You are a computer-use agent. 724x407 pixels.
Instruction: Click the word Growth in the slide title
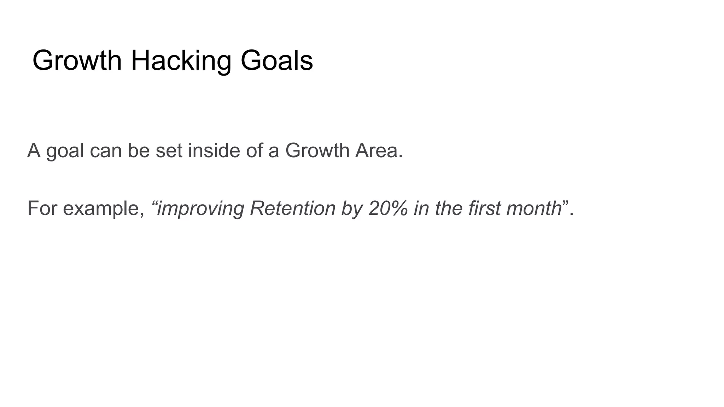pyautogui.click(x=77, y=60)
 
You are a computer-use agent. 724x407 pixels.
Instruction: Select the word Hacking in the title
pyautogui.click(x=181, y=60)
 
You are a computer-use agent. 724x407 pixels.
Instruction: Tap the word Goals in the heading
pyautogui.click(x=276, y=60)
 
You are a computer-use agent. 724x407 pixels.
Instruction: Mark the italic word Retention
pyautogui.click(x=292, y=208)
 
